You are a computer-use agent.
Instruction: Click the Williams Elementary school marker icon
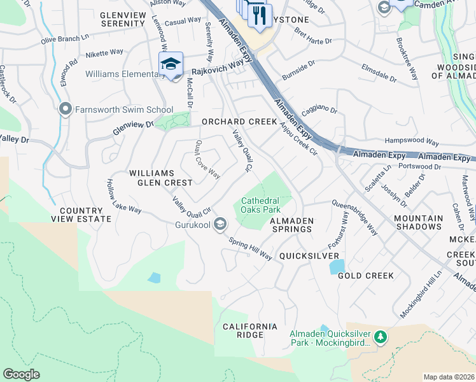click(x=171, y=64)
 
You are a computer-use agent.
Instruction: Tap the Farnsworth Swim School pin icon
click(x=64, y=110)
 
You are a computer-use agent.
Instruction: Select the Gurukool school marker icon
click(x=220, y=223)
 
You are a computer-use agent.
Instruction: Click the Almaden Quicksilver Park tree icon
click(x=380, y=336)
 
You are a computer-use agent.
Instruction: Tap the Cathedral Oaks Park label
click(x=260, y=204)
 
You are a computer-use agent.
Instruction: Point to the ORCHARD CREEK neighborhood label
click(x=239, y=122)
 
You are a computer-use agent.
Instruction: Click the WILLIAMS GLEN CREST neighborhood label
click(x=160, y=178)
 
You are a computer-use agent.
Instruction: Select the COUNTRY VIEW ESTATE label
click(x=81, y=215)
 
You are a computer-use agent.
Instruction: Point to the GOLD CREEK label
click(x=366, y=276)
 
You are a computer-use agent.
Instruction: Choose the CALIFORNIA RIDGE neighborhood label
click(x=250, y=330)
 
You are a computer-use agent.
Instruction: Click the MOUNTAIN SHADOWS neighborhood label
click(x=418, y=223)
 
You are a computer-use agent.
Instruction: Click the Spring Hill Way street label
click(x=250, y=250)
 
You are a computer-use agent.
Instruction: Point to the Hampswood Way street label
click(x=412, y=142)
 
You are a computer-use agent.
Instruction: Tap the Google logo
click(x=21, y=374)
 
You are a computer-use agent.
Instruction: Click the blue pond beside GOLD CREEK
click(x=337, y=267)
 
